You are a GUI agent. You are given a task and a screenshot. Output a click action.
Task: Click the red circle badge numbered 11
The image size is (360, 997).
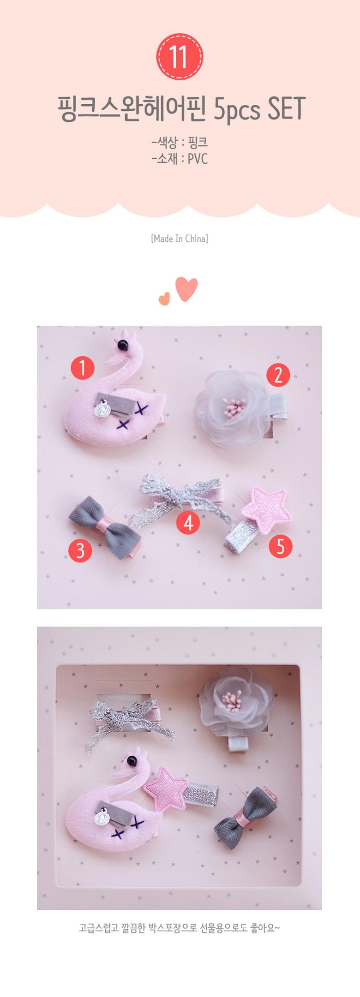pyautogui.click(x=180, y=57)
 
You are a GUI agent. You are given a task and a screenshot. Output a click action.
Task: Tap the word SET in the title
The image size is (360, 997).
pyautogui.click(x=287, y=109)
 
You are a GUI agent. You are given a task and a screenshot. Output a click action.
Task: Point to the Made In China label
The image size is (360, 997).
pyautogui.click(x=180, y=239)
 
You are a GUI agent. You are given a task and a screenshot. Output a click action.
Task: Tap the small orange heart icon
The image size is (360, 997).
pyautogui.click(x=164, y=299)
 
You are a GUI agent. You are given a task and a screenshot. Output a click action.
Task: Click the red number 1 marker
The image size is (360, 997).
pyautogui.click(x=82, y=368)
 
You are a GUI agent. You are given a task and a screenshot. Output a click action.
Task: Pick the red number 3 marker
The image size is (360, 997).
pyautogui.click(x=80, y=550)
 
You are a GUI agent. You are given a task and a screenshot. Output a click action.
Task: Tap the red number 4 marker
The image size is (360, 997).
pyautogui.click(x=188, y=522)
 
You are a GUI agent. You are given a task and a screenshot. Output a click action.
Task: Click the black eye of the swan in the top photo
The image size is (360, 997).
pyautogui.click(x=122, y=344)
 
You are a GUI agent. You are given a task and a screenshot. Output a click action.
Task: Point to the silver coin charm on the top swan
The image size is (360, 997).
pyautogui.click(x=102, y=409)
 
